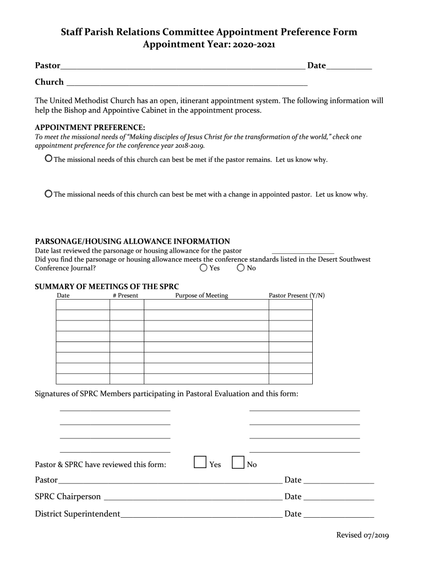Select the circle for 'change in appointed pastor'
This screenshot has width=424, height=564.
pyautogui.click(x=48, y=194)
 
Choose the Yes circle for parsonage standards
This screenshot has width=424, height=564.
pyautogui.click(x=204, y=268)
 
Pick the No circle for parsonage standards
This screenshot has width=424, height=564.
pyautogui.click(x=241, y=268)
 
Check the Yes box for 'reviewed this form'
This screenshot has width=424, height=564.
pyautogui.click(x=200, y=463)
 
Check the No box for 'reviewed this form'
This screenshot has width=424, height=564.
pyautogui.click(x=238, y=463)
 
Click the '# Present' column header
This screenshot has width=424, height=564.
pyautogui.click(x=126, y=296)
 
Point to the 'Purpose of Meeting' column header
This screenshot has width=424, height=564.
pyautogui.click(x=202, y=296)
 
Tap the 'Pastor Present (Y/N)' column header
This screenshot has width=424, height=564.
pyautogui.click(x=296, y=296)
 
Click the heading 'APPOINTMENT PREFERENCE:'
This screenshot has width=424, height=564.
pyautogui.click(x=90, y=127)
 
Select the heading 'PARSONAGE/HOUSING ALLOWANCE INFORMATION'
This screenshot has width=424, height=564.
pyautogui.click(x=133, y=241)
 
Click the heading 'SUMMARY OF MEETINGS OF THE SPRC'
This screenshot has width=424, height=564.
pyautogui.click(x=107, y=286)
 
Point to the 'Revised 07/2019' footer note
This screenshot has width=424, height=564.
pyautogui.click(x=363, y=535)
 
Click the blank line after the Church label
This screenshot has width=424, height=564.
pyautogui.click(x=186, y=84)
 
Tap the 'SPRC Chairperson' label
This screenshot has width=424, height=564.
pyautogui.click(x=68, y=496)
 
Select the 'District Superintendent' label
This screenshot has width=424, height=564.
pyautogui.click(x=78, y=514)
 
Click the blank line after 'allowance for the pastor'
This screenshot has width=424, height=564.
pyautogui.click(x=302, y=251)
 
